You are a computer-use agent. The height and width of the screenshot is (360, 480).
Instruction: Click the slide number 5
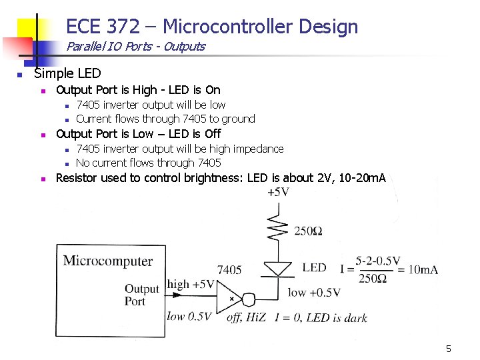click(449, 349)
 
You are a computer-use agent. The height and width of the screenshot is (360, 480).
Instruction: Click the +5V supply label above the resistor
click(278, 192)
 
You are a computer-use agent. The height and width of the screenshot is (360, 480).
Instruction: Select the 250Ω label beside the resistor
click(309, 231)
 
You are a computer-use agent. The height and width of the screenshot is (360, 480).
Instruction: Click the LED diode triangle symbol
click(278, 269)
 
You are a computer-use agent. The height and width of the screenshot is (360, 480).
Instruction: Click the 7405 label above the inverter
click(229, 270)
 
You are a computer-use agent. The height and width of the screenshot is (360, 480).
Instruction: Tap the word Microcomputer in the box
click(108, 261)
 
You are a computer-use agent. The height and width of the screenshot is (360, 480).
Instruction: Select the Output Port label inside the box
click(141, 295)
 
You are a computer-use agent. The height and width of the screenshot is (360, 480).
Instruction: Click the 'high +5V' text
click(191, 285)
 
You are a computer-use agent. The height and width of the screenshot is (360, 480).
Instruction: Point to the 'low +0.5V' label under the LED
click(314, 292)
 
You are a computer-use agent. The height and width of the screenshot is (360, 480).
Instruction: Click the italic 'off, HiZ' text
click(245, 317)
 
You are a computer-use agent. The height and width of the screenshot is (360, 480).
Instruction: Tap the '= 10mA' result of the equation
click(417, 269)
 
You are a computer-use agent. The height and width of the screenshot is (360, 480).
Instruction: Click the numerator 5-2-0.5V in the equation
click(378, 261)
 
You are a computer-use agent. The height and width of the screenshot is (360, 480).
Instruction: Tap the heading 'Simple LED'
click(67, 73)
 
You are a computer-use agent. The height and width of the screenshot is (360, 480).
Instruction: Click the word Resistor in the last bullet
click(79, 178)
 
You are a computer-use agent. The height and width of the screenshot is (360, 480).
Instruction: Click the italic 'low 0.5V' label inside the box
click(189, 316)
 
